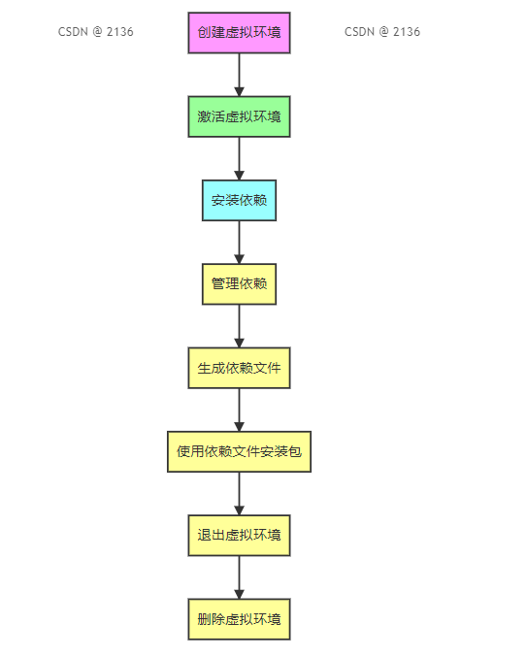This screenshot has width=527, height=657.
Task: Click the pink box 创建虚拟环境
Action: [x=239, y=33]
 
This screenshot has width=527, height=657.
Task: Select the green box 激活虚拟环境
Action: [x=239, y=116]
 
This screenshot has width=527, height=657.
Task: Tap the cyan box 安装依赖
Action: [x=239, y=200]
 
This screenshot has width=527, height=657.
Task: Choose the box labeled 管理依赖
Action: [x=239, y=284]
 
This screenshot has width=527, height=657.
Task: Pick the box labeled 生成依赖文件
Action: [x=239, y=368]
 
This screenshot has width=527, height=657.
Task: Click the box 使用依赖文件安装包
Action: [x=239, y=451]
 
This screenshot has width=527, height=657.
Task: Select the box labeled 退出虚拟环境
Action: [x=239, y=536]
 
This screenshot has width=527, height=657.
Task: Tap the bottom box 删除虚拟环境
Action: [x=239, y=619]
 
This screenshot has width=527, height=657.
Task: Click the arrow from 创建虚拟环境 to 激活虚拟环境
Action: [x=239, y=75]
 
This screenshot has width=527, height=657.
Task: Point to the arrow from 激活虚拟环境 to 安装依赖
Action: [x=239, y=159]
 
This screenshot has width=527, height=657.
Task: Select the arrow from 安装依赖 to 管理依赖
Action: [x=239, y=243]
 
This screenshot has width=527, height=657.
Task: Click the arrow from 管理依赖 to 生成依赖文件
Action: [x=239, y=326]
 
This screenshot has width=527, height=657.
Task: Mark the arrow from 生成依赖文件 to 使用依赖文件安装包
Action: [x=239, y=411]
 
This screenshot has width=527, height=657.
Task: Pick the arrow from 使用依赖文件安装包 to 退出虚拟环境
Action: [x=239, y=494]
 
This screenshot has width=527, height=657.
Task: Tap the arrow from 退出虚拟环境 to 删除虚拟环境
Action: [x=239, y=577]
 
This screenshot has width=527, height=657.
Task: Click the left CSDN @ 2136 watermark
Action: [x=95, y=32]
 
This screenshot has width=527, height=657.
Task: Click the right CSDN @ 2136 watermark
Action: [x=382, y=32]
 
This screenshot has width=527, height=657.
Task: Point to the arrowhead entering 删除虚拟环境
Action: [x=239, y=595]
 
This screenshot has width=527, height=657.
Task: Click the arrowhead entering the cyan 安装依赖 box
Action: [x=239, y=176]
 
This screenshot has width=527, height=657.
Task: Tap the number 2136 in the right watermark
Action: [x=407, y=32]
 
